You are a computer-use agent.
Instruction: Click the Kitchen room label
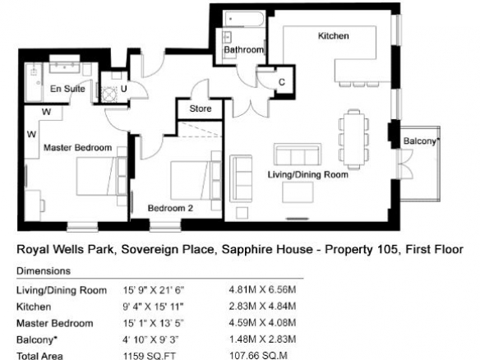(334, 36)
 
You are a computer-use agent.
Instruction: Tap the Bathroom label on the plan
(243, 49)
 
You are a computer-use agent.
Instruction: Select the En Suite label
(67, 89)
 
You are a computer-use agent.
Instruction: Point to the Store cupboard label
(201, 108)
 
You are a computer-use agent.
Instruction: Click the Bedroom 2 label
(170, 208)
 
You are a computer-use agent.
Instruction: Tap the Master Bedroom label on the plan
(78, 148)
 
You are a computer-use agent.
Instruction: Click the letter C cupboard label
(282, 82)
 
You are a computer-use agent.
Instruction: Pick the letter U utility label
(123, 89)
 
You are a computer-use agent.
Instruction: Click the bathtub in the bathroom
(244, 19)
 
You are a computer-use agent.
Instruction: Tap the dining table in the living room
(354, 139)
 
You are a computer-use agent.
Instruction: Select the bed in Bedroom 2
(192, 181)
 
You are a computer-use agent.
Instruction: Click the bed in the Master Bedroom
(98, 177)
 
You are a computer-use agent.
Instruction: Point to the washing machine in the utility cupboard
(109, 94)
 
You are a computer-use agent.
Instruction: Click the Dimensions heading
(44, 271)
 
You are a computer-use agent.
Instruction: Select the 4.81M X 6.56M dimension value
(263, 289)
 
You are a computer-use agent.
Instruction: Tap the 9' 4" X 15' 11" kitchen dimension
(154, 307)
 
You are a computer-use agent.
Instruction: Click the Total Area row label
(39, 356)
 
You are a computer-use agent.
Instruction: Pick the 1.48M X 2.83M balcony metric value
(263, 339)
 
